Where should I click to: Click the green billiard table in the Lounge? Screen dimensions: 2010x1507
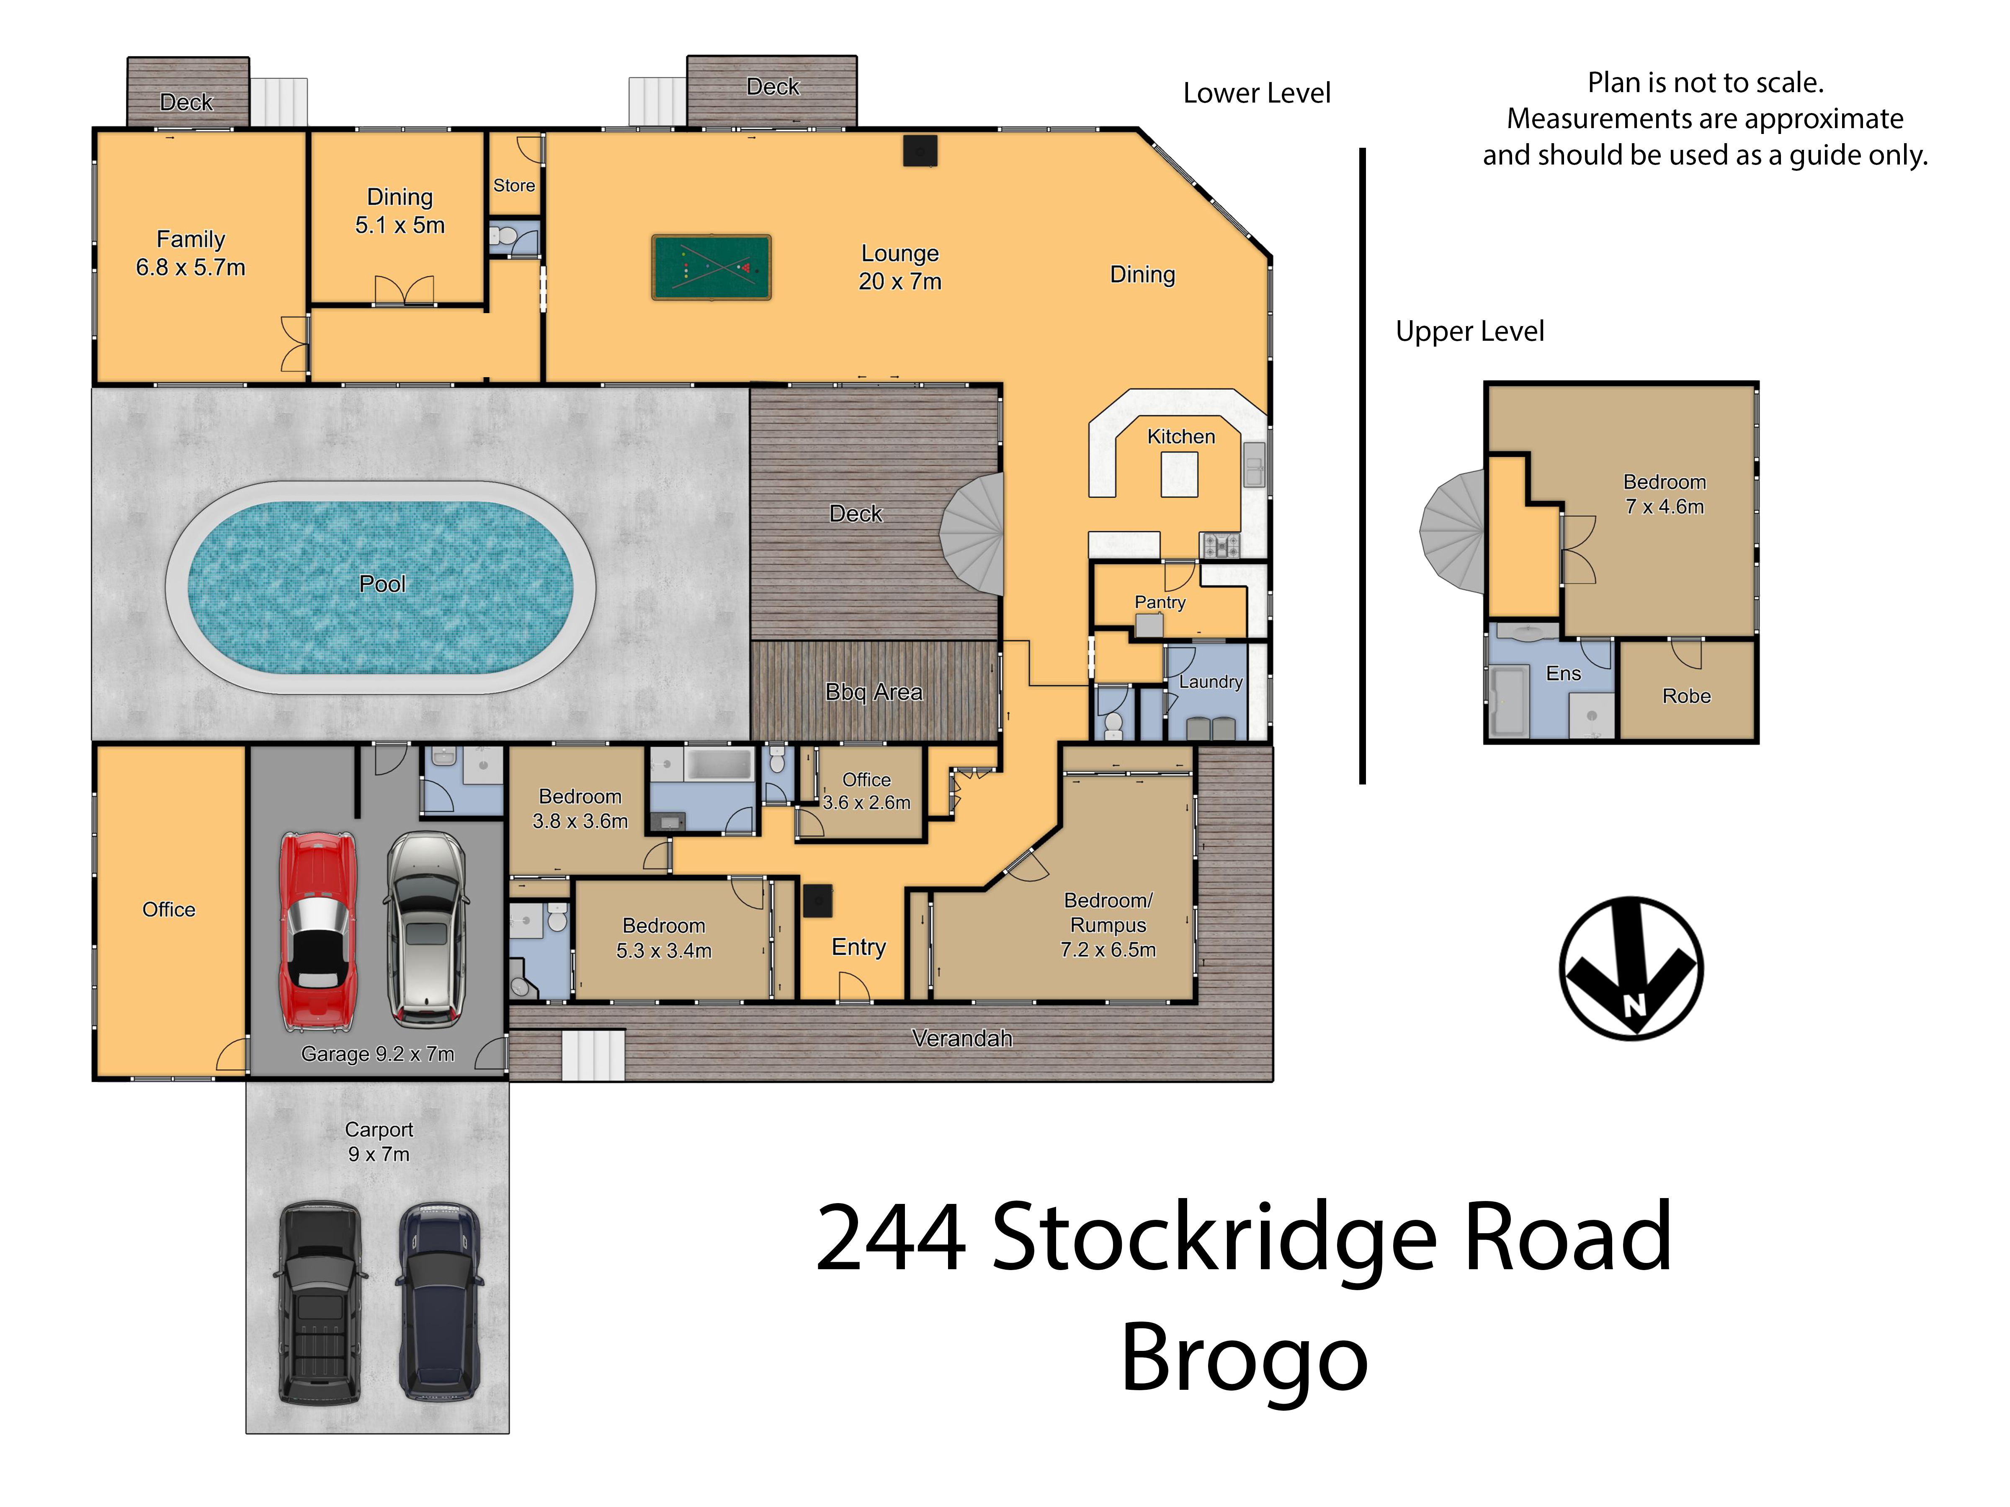[711, 267]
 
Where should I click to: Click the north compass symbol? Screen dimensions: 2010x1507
[1631, 968]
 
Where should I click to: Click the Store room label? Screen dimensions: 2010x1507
[514, 185]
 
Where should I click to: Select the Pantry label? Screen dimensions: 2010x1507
[1160, 602]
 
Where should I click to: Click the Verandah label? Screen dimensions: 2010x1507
[962, 1038]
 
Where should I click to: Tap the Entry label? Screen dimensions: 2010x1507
[859, 947]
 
